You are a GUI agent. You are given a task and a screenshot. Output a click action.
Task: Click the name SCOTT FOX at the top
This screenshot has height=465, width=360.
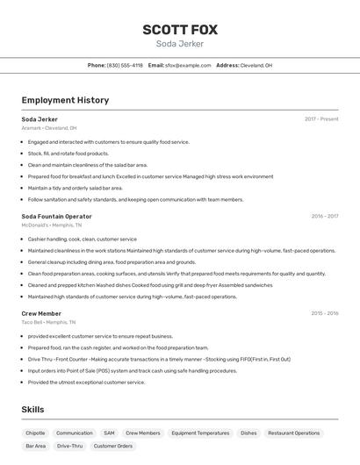pos(180,30)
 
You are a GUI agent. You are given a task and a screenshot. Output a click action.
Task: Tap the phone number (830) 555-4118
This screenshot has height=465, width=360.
pos(125,65)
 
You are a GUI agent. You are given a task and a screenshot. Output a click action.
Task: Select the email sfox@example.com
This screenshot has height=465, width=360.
pos(188,65)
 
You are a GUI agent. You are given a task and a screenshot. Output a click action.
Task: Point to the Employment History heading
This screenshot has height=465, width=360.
pos(65,100)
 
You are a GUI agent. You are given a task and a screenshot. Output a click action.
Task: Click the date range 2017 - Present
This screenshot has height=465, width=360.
pos(321,119)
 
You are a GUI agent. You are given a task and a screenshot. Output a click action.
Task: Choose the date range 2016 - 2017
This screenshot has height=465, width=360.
pos(324,216)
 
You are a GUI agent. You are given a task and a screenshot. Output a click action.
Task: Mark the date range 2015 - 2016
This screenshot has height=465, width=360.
pos(324,313)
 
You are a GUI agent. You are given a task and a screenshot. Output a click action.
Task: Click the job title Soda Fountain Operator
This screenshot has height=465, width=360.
pos(56,216)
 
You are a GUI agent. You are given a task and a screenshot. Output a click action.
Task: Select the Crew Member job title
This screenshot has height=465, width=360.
pos(41,313)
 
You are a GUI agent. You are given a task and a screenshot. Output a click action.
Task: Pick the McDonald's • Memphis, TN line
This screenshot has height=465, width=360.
pos(52,225)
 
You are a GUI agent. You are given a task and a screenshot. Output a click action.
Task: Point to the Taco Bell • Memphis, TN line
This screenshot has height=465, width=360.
pos(49,322)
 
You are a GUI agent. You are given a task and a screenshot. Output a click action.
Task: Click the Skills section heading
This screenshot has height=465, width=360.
pos(33,410)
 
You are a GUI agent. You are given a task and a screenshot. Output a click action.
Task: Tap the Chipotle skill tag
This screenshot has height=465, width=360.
pos(35,433)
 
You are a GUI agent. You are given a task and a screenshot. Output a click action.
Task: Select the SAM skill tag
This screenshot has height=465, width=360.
pos(109,433)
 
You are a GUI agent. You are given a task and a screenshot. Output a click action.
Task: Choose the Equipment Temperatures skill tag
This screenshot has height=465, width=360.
pos(200,433)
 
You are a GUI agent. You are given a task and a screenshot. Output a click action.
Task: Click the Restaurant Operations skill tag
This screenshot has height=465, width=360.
pos(294,433)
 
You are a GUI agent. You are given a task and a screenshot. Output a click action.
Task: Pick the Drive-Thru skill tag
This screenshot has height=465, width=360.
pos(70,446)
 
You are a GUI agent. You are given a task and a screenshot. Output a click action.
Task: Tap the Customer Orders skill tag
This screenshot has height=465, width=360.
pos(113,446)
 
